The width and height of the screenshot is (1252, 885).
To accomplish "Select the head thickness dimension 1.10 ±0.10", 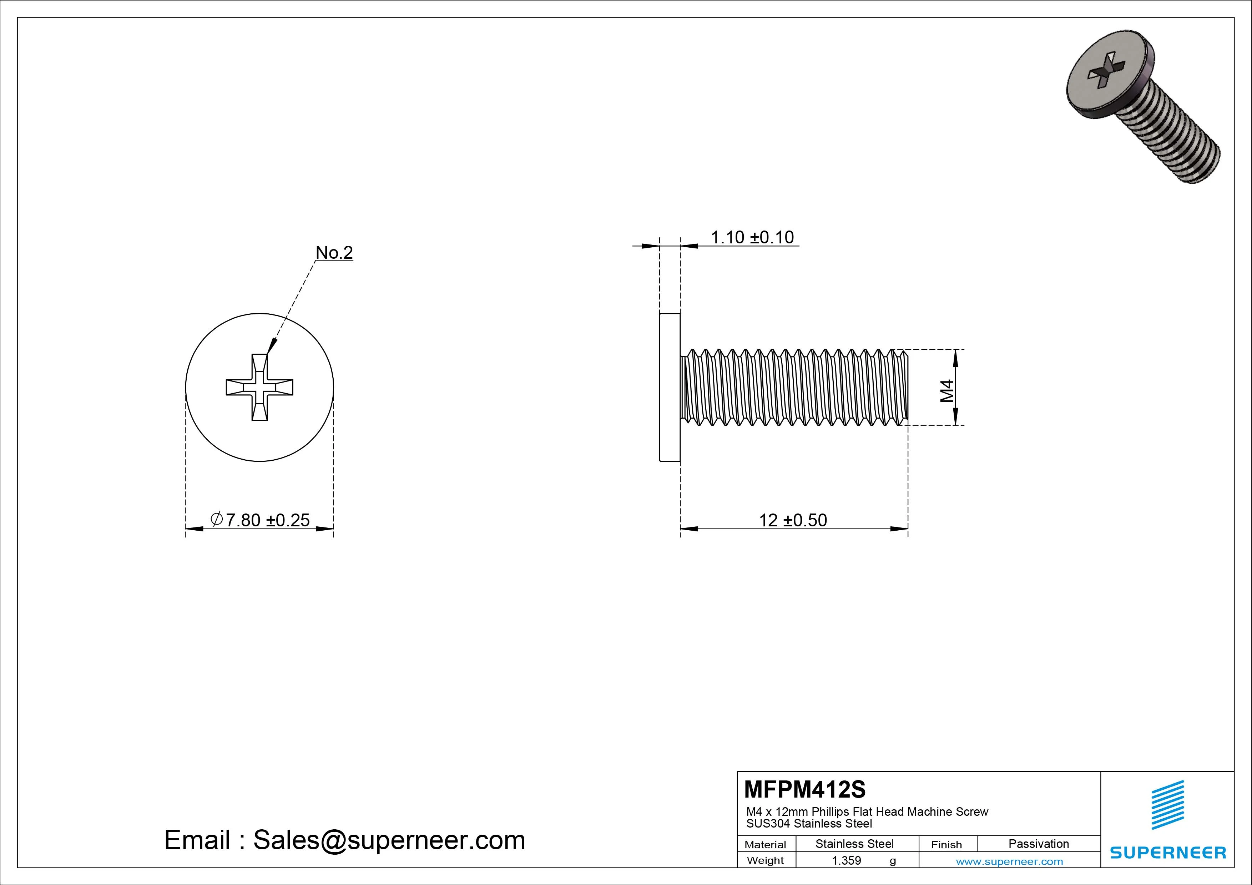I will [x=752, y=237].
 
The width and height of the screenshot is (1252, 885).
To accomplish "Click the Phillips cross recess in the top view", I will [x=259, y=387].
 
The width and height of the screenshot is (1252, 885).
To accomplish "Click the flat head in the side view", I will [x=670, y=387].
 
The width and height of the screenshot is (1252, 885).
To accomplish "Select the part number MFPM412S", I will [x=805, y=789].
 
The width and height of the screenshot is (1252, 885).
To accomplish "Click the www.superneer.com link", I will [x=1009, y=861].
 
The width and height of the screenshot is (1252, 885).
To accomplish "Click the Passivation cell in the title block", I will [x=1038, y=844].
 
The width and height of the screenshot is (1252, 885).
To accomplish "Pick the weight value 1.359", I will [x=846, y=860].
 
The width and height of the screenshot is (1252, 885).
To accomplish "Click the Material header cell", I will [x=765, y=845].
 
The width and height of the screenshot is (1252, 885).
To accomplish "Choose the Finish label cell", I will [x=946, y=845].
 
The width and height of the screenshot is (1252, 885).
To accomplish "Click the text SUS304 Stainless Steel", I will [x=809, y=824].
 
